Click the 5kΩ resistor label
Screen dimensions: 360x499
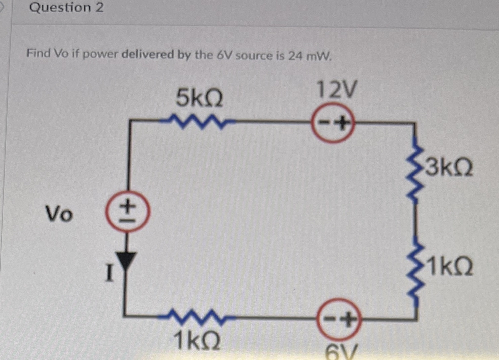(199, 99)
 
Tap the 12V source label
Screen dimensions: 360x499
(337, 90)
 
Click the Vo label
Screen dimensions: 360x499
(59, 214)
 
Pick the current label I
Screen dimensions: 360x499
(109, 272)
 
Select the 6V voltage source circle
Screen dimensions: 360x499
(338, 319)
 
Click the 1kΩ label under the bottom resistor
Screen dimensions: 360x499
(197, 341)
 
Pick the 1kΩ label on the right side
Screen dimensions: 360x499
(449, 266)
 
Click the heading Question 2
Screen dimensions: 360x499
(66, 7)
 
